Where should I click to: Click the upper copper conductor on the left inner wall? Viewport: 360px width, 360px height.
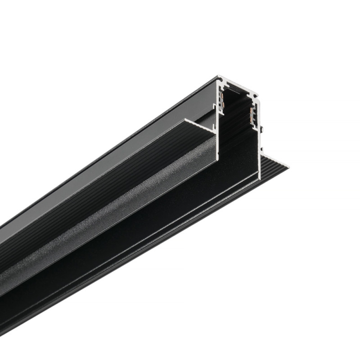pos(222,95)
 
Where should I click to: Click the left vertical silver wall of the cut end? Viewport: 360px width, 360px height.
pos(217,135)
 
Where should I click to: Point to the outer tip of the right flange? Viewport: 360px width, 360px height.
pos(287,167)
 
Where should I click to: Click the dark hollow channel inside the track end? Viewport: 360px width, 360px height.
pos(238,135)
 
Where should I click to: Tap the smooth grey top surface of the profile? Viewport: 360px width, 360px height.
pos(112,148)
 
